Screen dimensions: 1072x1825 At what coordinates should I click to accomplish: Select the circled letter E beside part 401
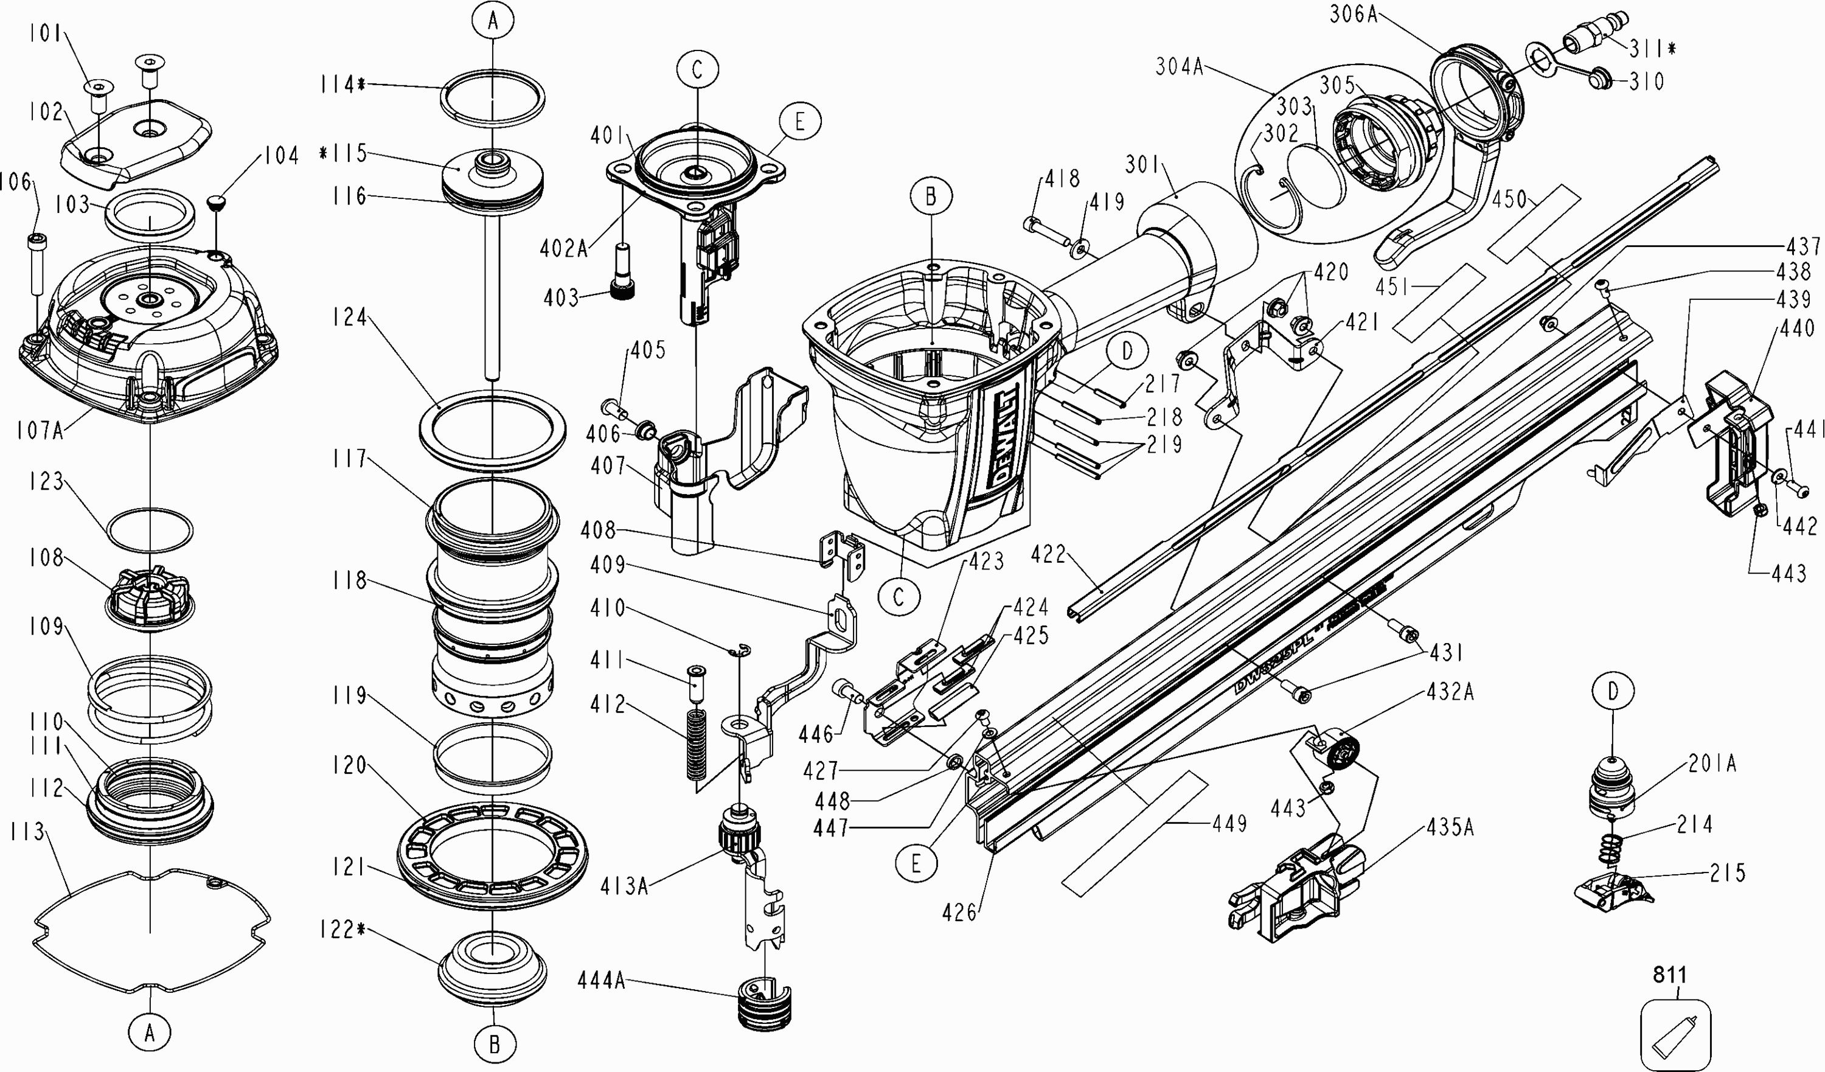coord(799,122)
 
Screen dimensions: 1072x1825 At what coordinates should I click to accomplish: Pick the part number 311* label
coord(1653,49)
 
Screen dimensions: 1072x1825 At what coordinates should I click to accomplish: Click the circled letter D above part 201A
coord(1613,692)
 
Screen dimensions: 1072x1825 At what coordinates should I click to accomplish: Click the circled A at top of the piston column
coord(493,22)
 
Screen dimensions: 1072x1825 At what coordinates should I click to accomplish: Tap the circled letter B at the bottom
coord(495,1045)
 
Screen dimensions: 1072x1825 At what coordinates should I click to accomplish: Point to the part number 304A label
coord(1179,68)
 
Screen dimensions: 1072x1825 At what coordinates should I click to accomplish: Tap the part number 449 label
coord(1229,824)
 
